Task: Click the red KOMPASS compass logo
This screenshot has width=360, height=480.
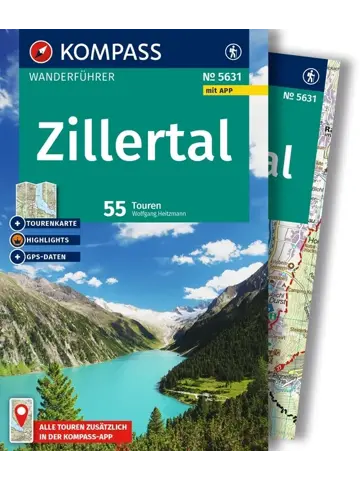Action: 38,48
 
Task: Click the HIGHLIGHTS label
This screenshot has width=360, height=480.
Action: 53,241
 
